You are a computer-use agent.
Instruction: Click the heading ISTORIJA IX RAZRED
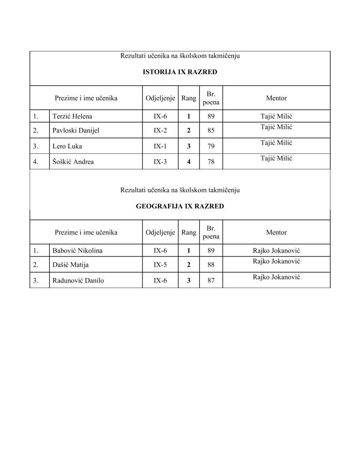click(x=180, y=72)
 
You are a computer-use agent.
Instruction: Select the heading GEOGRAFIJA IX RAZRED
click(x=180, y=206)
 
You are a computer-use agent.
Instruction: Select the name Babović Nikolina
click(x=77, y=251)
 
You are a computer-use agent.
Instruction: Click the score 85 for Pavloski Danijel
click(x=211, y=131)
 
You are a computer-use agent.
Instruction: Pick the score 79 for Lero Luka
click(x=211, y=147)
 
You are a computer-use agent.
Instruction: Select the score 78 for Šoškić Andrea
click(x=211, y=162)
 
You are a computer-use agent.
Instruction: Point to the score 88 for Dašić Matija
click(x=211, y=265)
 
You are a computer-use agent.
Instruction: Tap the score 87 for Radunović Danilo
click(x=211, y=280)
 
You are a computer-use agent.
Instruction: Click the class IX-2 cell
click(x=160, y=131)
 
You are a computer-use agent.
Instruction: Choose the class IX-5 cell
click(x=160, y=265)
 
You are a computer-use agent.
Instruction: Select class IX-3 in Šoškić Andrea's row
click(x=160, y=162)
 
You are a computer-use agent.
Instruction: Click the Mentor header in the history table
click(x=276, y=98)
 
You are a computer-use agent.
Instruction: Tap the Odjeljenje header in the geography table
click(x=160, y=233)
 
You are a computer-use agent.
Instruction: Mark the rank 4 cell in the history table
click(x=188, y=162)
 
